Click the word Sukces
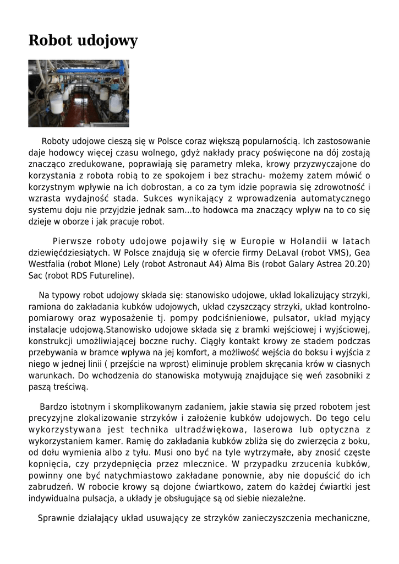pyautogui.click(x=160, y=199)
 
